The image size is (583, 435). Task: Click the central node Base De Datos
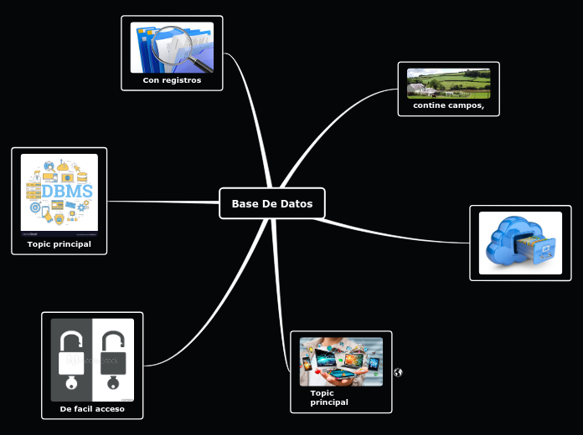pyautogui.click(x=272, y=203)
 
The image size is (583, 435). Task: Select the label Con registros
pyautogui.click(x=172, y=80)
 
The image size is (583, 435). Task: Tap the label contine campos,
pyautogui.click(x=448, y=105)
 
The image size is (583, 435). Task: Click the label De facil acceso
pyautogui.click(x=92, y=409)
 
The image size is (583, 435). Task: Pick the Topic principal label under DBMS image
pyautogui.click(x=59, y=244)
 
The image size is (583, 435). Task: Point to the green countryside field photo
pyautogui.click(x=448, y=83)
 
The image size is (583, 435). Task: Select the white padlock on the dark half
pyautogui.click(x=72, y=356)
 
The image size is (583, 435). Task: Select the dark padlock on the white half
pyautogui.click(x=113, y=356)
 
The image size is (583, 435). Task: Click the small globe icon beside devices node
pyautogui.click(x=398, y=372)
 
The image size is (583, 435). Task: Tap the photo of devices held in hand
pyautogui.click(x=341, y=361)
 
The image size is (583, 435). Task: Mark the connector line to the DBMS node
pyautogui.click(x=159, y=202)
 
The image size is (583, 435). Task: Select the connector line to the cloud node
pyautogui.click(x=394, y=232)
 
